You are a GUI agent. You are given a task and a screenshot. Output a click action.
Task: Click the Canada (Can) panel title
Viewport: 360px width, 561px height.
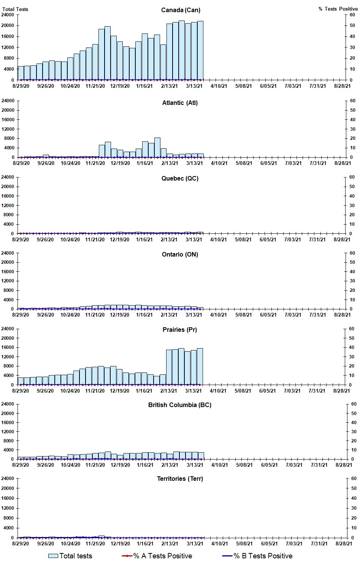[x=181, y=10]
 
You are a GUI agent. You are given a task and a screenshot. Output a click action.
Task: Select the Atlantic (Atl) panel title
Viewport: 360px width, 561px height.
[x=180, y=103]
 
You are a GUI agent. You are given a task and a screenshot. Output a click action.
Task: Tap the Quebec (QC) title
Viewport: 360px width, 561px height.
[x=180, y=178]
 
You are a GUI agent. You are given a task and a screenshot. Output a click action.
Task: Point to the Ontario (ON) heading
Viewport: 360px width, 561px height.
[x=180, y=254]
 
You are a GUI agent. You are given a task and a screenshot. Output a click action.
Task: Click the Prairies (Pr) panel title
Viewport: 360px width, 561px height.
[x=180, y=330]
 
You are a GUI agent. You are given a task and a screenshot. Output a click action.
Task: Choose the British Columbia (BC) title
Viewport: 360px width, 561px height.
[x=180, y=405]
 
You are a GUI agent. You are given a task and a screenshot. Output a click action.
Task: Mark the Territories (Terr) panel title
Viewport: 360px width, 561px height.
[x=180, y=479]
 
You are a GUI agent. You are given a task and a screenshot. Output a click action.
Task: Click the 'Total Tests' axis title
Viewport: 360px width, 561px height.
[x=15, y=9]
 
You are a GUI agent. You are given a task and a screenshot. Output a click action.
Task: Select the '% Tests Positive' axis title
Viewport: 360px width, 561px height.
[x=338, y=9]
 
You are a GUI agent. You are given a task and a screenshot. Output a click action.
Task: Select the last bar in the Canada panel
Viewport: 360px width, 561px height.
[x=200, y=51]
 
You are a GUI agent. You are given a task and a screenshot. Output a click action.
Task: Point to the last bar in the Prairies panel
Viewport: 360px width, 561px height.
[x=200, y=366]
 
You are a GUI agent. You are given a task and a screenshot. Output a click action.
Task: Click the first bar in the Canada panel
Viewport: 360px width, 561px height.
[x=21, y=73]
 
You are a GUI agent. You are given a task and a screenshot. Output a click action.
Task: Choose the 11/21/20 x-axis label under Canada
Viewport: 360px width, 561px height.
[x=95, y=86]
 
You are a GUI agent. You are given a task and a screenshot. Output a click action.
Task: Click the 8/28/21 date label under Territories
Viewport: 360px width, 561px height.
[x=344, y=544]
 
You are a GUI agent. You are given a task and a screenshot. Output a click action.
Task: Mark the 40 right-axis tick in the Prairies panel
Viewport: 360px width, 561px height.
[x=352, y=347]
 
